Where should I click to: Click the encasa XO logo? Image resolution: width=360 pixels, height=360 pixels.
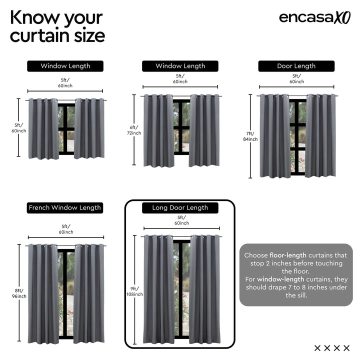point(314,17)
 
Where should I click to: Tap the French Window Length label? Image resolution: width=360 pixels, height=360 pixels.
point(65,207)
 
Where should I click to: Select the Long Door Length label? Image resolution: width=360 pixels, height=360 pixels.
point(180,207)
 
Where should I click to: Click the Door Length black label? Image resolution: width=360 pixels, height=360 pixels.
point(296,66)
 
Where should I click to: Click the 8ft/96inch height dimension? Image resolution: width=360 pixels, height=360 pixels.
point(20,293)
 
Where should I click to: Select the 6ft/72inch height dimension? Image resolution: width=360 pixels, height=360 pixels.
point(134,130)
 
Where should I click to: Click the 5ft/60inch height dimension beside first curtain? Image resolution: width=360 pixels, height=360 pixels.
point(19,127)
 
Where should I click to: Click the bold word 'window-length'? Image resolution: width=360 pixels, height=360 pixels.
point(278,279)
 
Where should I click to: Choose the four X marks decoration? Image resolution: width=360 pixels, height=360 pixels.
point(332,348)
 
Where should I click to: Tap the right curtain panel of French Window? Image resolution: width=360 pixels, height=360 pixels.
point(89,293)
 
